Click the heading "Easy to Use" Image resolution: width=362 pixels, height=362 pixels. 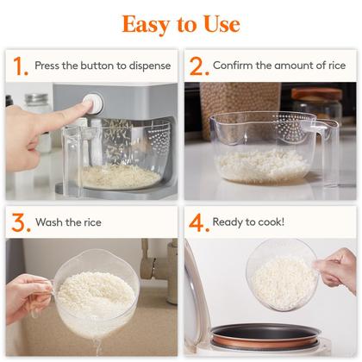pos(181,23)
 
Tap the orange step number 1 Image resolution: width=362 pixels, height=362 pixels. pos(18,66)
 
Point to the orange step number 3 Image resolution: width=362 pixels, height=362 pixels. pos(18,223)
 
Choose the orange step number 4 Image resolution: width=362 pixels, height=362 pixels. pos(197,223)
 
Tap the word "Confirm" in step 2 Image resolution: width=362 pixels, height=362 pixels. pos(234,66)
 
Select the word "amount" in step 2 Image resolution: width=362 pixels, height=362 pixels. pos(275,66)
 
